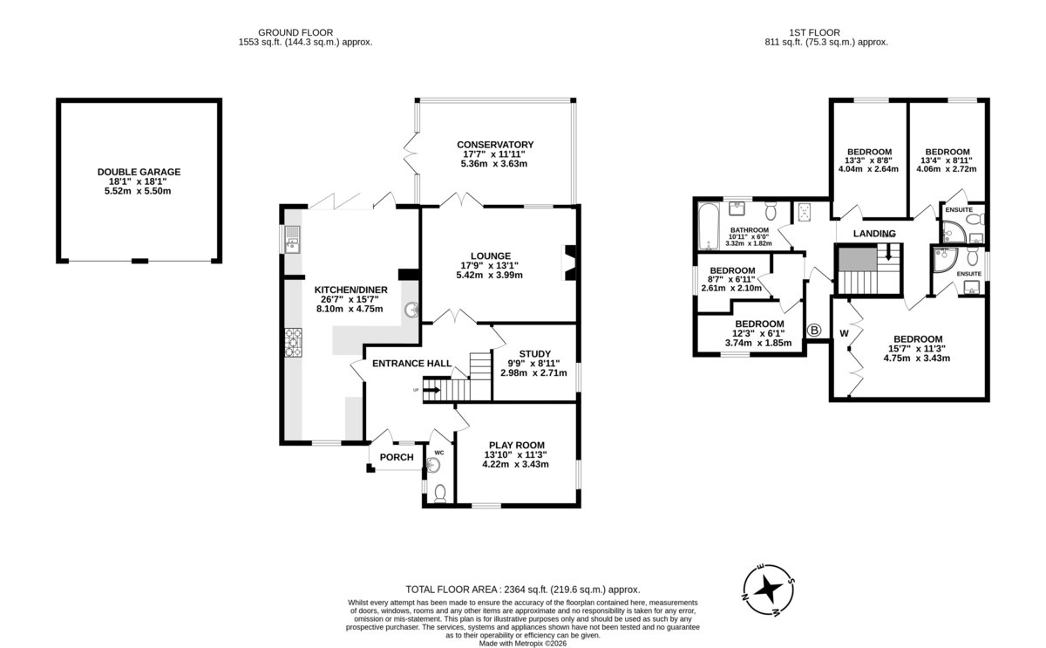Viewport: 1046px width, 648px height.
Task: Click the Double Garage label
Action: (139, 172)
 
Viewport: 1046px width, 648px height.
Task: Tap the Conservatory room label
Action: (495, 145)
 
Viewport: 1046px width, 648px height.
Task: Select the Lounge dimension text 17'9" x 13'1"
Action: (489, 266)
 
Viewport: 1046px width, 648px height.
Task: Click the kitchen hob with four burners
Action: (293, 343)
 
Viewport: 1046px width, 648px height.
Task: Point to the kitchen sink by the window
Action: (293, 239)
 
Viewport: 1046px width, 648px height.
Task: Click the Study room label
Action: (534, 354)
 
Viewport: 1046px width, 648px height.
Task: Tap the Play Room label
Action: (516, 446)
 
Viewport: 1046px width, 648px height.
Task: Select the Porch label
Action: (397, 457)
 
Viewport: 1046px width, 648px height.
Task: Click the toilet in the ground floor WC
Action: (440, 494)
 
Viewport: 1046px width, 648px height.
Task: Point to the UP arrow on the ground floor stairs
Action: (432, 390)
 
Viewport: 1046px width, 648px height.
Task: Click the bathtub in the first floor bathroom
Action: (709, 227)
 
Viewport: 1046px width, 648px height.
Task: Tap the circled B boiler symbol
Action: (814, 331)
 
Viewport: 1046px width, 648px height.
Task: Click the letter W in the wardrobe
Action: (845, 333)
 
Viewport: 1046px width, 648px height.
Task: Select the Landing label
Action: (874, 234)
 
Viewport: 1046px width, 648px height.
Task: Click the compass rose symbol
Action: (768, 590)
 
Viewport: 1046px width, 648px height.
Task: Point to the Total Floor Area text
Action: (522, 590)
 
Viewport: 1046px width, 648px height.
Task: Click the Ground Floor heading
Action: (295, 32)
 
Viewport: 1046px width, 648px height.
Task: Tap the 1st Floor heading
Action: (814, 32)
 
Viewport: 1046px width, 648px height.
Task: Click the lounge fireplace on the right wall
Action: (570, 263)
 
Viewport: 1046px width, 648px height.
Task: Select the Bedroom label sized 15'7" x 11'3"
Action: (918, 339)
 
